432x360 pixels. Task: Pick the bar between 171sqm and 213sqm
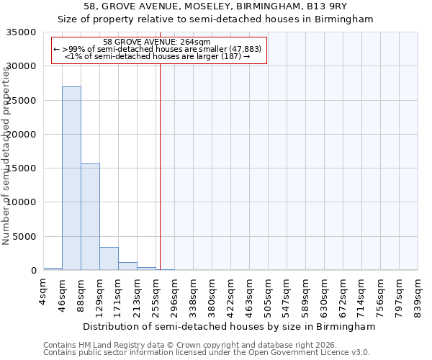(127, 266)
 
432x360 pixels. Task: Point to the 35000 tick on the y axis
(22, 32)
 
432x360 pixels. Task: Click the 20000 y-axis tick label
(22, 135)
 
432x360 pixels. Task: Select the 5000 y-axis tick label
(25, 237)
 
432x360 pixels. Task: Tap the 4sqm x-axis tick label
(44, 293)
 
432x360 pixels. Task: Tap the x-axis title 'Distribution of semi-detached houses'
(230, 327)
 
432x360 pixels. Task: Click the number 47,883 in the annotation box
(243, 49)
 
